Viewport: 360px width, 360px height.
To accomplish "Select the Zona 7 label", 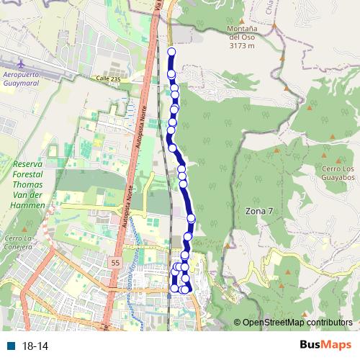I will click(x=259, y=211).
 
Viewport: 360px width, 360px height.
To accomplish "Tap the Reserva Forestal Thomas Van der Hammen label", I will click(x=29, y=185).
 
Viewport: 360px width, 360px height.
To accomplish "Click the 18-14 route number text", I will click(x=35, y=346).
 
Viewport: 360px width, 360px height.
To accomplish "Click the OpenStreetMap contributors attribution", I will click(x=297, y=323).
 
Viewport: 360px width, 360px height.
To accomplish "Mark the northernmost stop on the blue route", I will click(x=171, y=52).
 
